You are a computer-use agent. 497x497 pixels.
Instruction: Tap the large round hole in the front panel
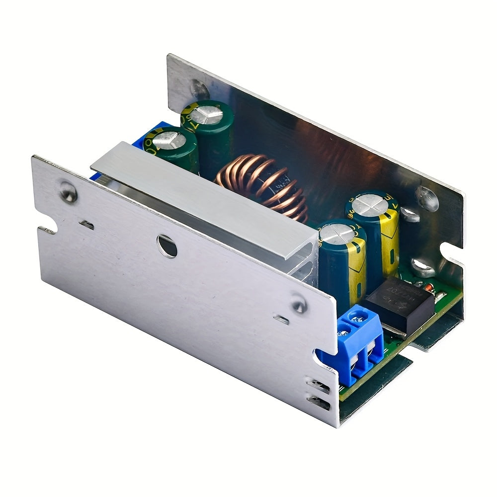tap(167, 246)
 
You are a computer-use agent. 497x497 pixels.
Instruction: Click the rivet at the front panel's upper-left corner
tap(69, 193)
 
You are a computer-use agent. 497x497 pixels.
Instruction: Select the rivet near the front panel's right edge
tap(299, 304)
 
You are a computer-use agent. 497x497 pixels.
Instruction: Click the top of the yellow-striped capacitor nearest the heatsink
tap(338, 234)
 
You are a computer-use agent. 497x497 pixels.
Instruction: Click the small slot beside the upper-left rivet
tap(86, 225)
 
